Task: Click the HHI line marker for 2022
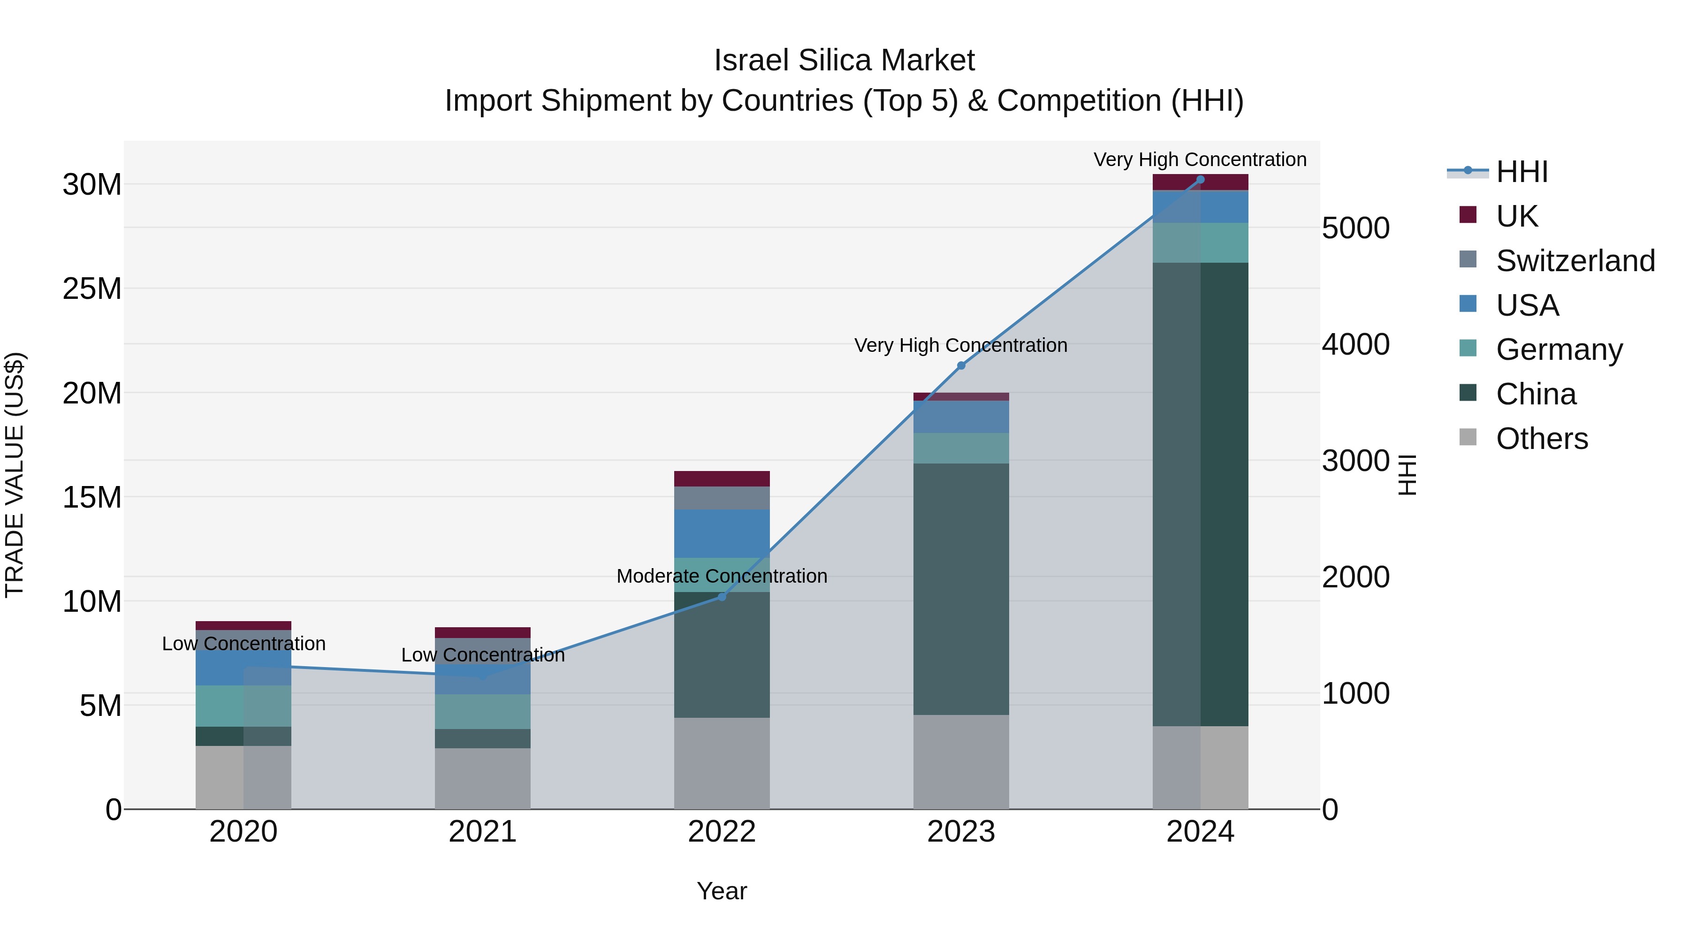tap(722, 597)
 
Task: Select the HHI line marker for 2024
tap(1201, 180)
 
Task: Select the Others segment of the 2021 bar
tap(483, 778)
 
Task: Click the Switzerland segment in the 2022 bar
tap(722, 498)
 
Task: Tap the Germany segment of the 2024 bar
tap(1201, 243)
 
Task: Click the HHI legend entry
tap(1521, 172)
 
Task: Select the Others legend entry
tap(1541, 439)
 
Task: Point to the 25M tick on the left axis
tap(92, 289)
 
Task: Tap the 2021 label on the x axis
tap(483, 832)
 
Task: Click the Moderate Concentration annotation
tap(722, 576)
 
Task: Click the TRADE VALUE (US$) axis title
tap(15, 475)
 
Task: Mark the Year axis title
tap(722, 891)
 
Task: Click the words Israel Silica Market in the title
tap(844, 61)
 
